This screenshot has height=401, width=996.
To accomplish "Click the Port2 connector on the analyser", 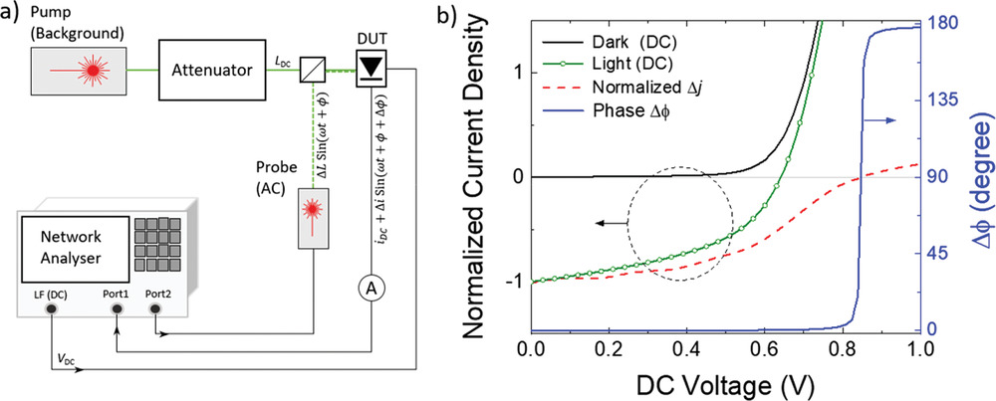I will tap(154, 309).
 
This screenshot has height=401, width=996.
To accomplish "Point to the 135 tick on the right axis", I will tap(950, 100).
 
